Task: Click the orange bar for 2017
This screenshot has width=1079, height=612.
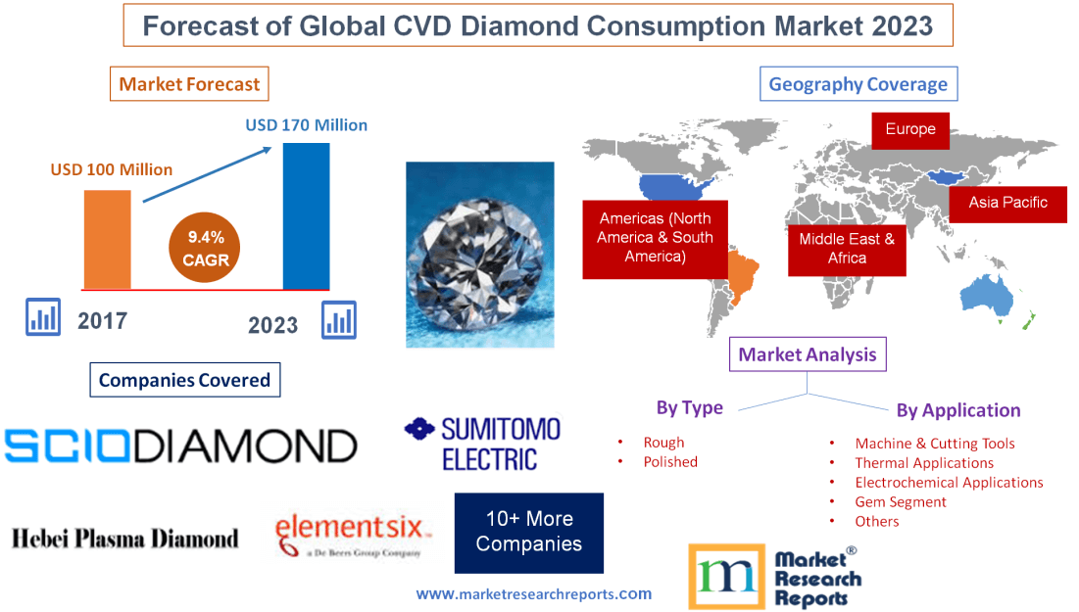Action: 108,239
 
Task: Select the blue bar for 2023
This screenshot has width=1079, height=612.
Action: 306,216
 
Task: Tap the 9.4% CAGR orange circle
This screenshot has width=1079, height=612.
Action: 205,249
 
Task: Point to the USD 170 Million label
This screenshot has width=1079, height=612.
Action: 306,125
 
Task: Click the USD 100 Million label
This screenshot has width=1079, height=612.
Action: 112,169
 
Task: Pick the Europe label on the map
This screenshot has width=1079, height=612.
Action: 910,130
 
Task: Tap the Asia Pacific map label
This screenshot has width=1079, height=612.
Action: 1008,204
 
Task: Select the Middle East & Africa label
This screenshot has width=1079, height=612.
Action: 847,250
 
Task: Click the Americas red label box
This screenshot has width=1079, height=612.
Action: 655,239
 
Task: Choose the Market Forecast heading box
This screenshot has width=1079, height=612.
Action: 189,84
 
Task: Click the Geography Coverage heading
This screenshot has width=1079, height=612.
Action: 858,84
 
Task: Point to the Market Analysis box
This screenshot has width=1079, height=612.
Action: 808,354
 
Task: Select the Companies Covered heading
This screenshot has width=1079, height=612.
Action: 185,380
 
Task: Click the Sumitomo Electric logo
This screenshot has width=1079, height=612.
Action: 483,444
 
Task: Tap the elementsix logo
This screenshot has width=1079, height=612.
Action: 353,535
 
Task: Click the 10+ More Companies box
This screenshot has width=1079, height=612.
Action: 529,533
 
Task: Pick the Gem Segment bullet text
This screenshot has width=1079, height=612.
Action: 901,502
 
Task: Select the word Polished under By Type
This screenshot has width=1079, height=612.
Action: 670,461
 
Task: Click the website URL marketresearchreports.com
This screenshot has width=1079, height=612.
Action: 534,593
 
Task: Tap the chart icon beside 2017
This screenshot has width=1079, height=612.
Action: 43,317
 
